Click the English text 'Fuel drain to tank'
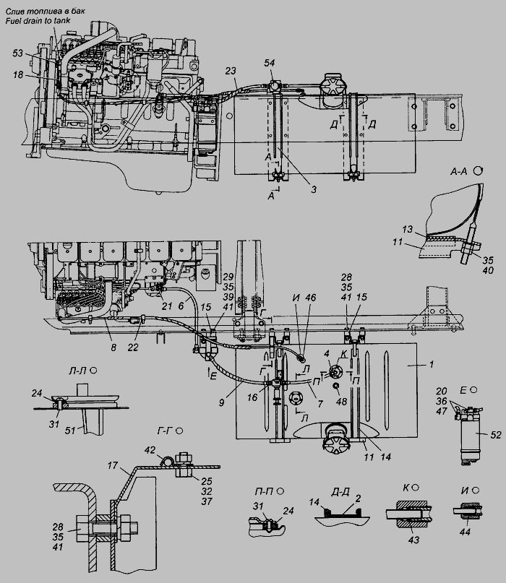(38, 20)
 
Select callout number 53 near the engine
(18, 53)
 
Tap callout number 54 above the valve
(270, 63)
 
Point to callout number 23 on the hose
(231, 71)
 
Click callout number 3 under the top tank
(314, 189)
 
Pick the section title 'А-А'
(458, 171)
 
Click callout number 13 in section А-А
(408, 229)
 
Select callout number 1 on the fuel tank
(432, 364)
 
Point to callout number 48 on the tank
(341, 401)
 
